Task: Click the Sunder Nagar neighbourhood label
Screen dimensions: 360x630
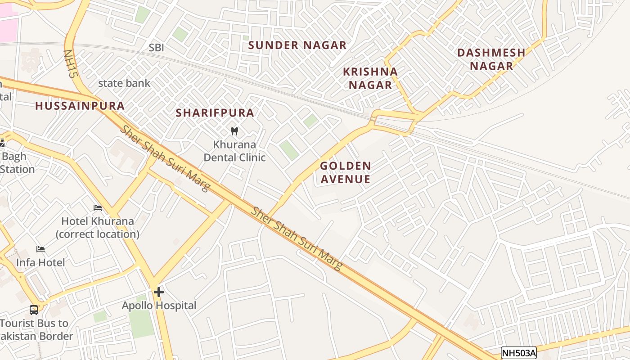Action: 297,45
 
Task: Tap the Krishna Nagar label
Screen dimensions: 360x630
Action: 370,78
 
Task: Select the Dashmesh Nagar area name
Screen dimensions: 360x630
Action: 491,59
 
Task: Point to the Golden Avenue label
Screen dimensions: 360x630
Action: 346,173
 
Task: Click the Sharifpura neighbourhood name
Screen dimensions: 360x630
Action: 215,113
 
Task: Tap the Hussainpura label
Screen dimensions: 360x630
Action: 80,106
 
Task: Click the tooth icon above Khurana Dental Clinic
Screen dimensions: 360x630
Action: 234,131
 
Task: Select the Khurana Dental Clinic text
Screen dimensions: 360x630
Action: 234,151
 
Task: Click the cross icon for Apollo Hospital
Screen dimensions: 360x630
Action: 158,292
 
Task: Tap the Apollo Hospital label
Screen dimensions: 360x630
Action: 159,306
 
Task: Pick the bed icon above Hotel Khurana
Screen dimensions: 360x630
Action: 98,208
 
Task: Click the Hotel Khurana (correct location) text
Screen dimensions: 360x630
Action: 98,228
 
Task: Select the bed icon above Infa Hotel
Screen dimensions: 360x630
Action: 40,249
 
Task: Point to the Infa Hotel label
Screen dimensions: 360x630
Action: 40,262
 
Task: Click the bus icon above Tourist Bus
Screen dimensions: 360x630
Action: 34,310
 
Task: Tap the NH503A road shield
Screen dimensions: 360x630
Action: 519,353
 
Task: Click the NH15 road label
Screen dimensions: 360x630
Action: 68,64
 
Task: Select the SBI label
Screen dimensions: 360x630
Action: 157,48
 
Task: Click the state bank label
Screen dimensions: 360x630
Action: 124,83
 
